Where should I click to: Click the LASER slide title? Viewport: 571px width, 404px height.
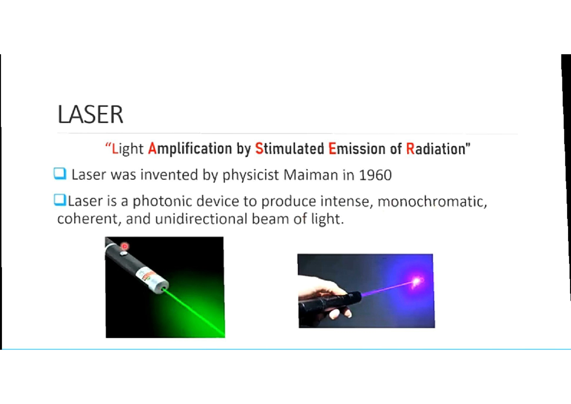pyautogui.click(x=90, y=115)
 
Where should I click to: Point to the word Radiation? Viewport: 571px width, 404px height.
pyautogui.click(x=437, y=149)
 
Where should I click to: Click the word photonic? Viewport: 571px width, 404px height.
pyautogui.click(x=160, y=201)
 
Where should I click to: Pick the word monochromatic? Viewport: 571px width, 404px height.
pyautogui.click(x=432, y=201)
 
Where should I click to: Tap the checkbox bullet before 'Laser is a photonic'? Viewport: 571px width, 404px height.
pyautogui.click(x=59, y=201)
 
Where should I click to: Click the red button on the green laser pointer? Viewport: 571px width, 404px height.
pyautogui.click(x=125, y=246)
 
